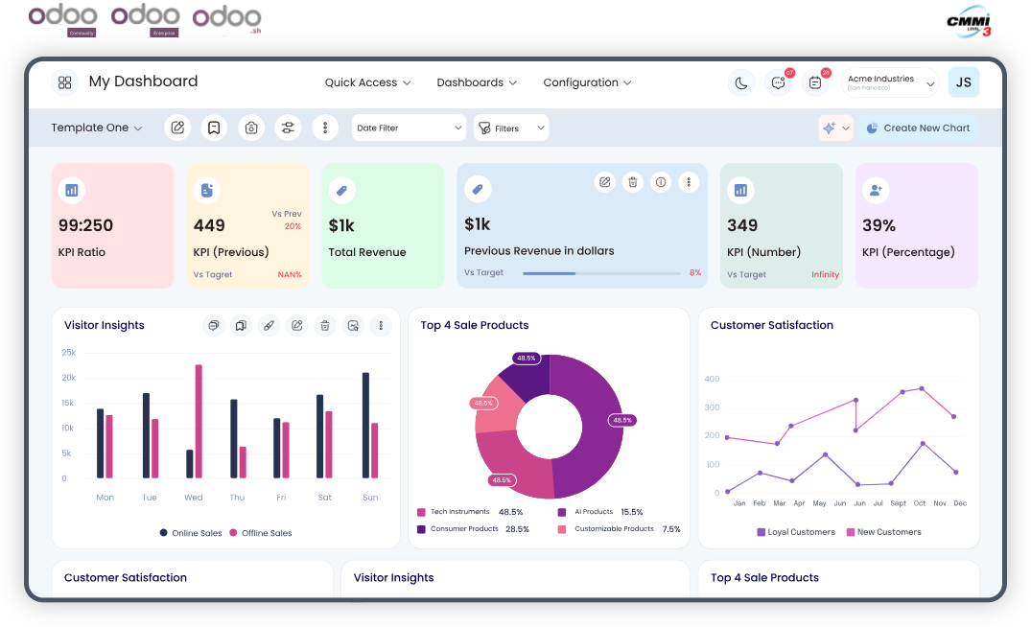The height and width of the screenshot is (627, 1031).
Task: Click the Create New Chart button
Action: pyautogui.click(x=918, y=128)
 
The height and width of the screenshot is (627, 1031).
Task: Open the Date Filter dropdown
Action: pyautogui.click(x=408, y=128)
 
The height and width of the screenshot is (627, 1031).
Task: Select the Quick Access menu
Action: pyautogui.click(x=367, y=82)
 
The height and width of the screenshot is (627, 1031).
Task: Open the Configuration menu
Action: pyautogui.click(x=587, y=82)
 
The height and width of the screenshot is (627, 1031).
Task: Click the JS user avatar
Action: pyautogui.click(x=963, y=82)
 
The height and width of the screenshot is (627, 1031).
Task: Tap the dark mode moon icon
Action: pyautogui.click(x=741, y=83)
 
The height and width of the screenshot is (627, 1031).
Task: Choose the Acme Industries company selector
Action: pyautogui.click(x=889, y=83)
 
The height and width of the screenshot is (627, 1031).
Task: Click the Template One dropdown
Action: pyautogui.click(x=97, y=128)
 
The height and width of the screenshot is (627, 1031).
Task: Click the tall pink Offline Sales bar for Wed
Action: pyautogui.click(x=199, y=421)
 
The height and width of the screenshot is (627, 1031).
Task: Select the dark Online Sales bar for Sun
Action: pyautogui.click(x=365, y=425)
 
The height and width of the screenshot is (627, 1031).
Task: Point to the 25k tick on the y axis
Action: pyautogui.click(x=69, y=353)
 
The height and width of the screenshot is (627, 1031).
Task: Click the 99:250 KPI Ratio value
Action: pyautogui.click(x=85, y=226)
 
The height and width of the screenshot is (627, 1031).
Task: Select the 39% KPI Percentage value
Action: pyautogui.click(x=879, y=226)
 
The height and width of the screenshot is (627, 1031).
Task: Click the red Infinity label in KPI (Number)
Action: pyautogui.click(x=825, y=275)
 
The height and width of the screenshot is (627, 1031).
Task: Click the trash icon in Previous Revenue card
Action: pyautogui.click(x=633, y=182)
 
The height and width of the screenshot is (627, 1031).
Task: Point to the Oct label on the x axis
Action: pyautogui.click(x=920, y=503)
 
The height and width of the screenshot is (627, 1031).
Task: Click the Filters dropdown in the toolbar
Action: pyautogui.click(x=511, y=128)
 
